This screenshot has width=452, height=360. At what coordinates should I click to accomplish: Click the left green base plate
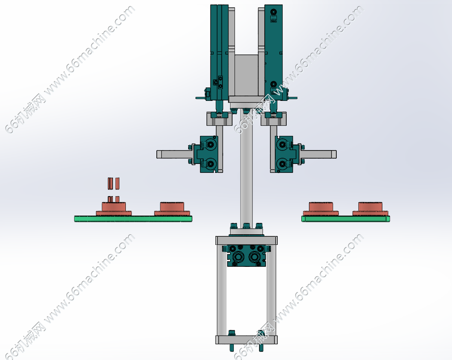click(133, 218)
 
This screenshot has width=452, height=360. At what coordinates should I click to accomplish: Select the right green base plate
click(346, 218)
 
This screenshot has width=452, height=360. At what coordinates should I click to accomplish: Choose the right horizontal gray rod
click(318, 154)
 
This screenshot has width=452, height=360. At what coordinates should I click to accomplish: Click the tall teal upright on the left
click(219, 52)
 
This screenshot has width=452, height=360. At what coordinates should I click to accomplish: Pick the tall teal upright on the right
click(273, 52)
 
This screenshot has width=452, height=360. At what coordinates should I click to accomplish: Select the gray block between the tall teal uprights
click(246, 75)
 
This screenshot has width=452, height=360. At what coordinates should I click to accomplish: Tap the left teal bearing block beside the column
click(208, 154)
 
